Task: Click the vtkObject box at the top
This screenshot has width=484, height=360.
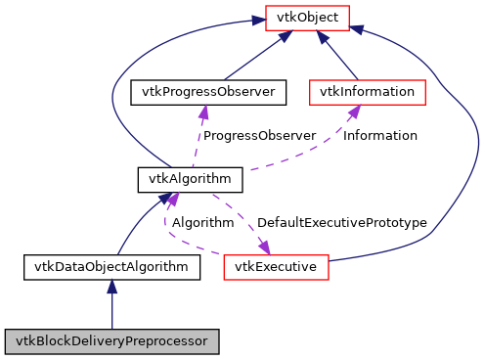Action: pyautogui.click(x=302, y=18)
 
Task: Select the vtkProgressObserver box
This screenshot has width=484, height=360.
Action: pyautogui.click(x=208, y=93)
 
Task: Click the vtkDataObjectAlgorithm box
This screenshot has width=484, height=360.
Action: pyautogui.click(x=111, y=265)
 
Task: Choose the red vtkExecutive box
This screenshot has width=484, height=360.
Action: pyautogui.click(x=277, y=265)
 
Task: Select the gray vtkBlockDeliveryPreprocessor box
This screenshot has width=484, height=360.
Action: pyautogui.click(x=111, y=341)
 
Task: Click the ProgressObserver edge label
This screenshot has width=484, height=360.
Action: pyautogui.click(x=259, y=135)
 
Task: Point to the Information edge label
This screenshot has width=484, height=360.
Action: pyautogui.click(x=379, y=135)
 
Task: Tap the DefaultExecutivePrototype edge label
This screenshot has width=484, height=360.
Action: pyautogui.click(x=343, y=223)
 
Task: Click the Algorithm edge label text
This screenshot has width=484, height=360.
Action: pyautogui.click(x=202, y=223)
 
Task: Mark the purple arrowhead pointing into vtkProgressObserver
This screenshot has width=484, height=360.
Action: pyautogui.click(x=203, y=112)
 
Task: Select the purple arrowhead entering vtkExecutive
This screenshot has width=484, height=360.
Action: pyautogui.click(x=263, y=246)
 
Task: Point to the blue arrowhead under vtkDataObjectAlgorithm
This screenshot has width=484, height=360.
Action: pyautogui.click(x=111, y=286)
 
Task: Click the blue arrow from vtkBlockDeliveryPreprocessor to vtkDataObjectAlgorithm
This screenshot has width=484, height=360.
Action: pyautogui.click(x=111, y=308)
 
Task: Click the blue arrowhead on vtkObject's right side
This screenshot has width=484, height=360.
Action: pyautogui.click(x=358, y=29)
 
